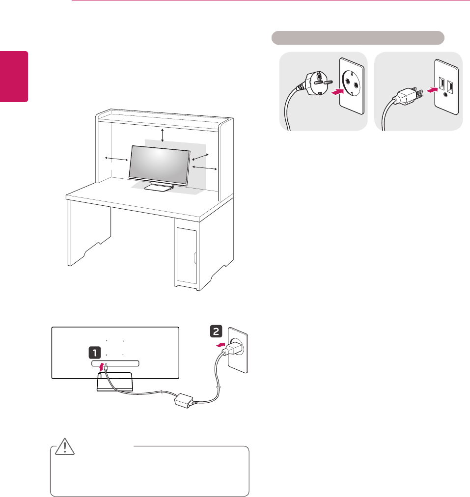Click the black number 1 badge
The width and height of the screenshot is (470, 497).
click(x=94, y=352)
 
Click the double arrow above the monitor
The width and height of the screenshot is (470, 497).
click(x=163, y=135)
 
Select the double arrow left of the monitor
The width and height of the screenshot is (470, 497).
click(x=115, y=159)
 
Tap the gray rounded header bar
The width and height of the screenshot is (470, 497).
click(x=358, y=38)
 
